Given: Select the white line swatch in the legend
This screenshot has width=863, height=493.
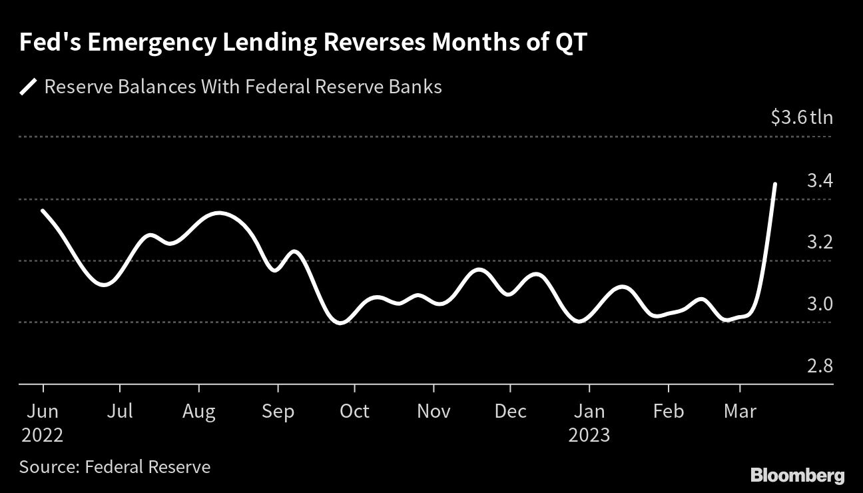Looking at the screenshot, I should point(28,87).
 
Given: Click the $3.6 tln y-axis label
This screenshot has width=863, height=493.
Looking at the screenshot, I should point(801,118).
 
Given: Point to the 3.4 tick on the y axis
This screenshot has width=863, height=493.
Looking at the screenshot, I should point(820,180).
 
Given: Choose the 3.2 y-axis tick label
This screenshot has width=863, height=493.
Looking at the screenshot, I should point(820,242).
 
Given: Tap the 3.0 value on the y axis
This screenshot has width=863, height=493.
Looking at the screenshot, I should point(820,304).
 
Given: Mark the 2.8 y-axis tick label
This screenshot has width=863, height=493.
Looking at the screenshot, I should point(820,366).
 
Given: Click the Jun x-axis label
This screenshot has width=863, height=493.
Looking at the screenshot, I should point(43,411).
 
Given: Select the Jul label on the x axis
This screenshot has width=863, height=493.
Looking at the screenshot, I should point(121,411).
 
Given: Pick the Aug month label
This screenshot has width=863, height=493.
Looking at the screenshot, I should point(199,411).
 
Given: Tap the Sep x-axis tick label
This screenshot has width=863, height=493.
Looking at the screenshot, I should point(278,411).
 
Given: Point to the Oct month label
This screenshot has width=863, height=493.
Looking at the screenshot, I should point(354,411).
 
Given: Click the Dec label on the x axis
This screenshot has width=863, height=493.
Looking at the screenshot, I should point(510,411).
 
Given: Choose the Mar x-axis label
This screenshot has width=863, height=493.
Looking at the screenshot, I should point(740,411).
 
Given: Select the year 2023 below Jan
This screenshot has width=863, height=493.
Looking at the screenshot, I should point(589,435).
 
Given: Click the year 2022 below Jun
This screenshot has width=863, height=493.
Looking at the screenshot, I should point(43,435).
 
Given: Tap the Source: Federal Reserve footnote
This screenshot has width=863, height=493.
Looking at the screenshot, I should point(115,467).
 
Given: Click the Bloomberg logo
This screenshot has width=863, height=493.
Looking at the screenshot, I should point(798,475).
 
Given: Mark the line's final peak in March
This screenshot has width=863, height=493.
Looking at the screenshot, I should point(774,183).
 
